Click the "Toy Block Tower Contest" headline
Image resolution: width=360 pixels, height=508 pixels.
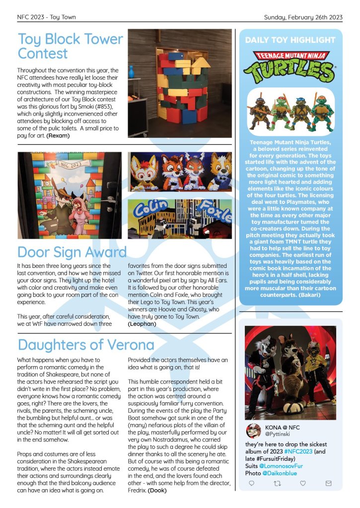(x=70, y=46)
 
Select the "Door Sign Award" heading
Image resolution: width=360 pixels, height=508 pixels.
(x=72, y=252)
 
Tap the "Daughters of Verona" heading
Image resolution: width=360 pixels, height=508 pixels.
(x=86, y=344)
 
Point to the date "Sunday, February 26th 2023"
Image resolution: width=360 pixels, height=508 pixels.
(x=303, y=17)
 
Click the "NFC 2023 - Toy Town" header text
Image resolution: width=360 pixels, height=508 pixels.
(x=46, y=17)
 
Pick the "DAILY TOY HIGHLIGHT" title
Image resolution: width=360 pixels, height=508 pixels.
(x=290, y=40)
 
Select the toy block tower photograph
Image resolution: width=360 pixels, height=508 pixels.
(x=180, y=83)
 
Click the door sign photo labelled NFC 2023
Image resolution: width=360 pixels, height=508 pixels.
(x=70, y=195)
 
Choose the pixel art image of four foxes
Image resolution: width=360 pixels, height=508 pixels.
(x=180, y=172)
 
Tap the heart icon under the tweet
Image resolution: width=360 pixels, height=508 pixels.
(x=302, y=483)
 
